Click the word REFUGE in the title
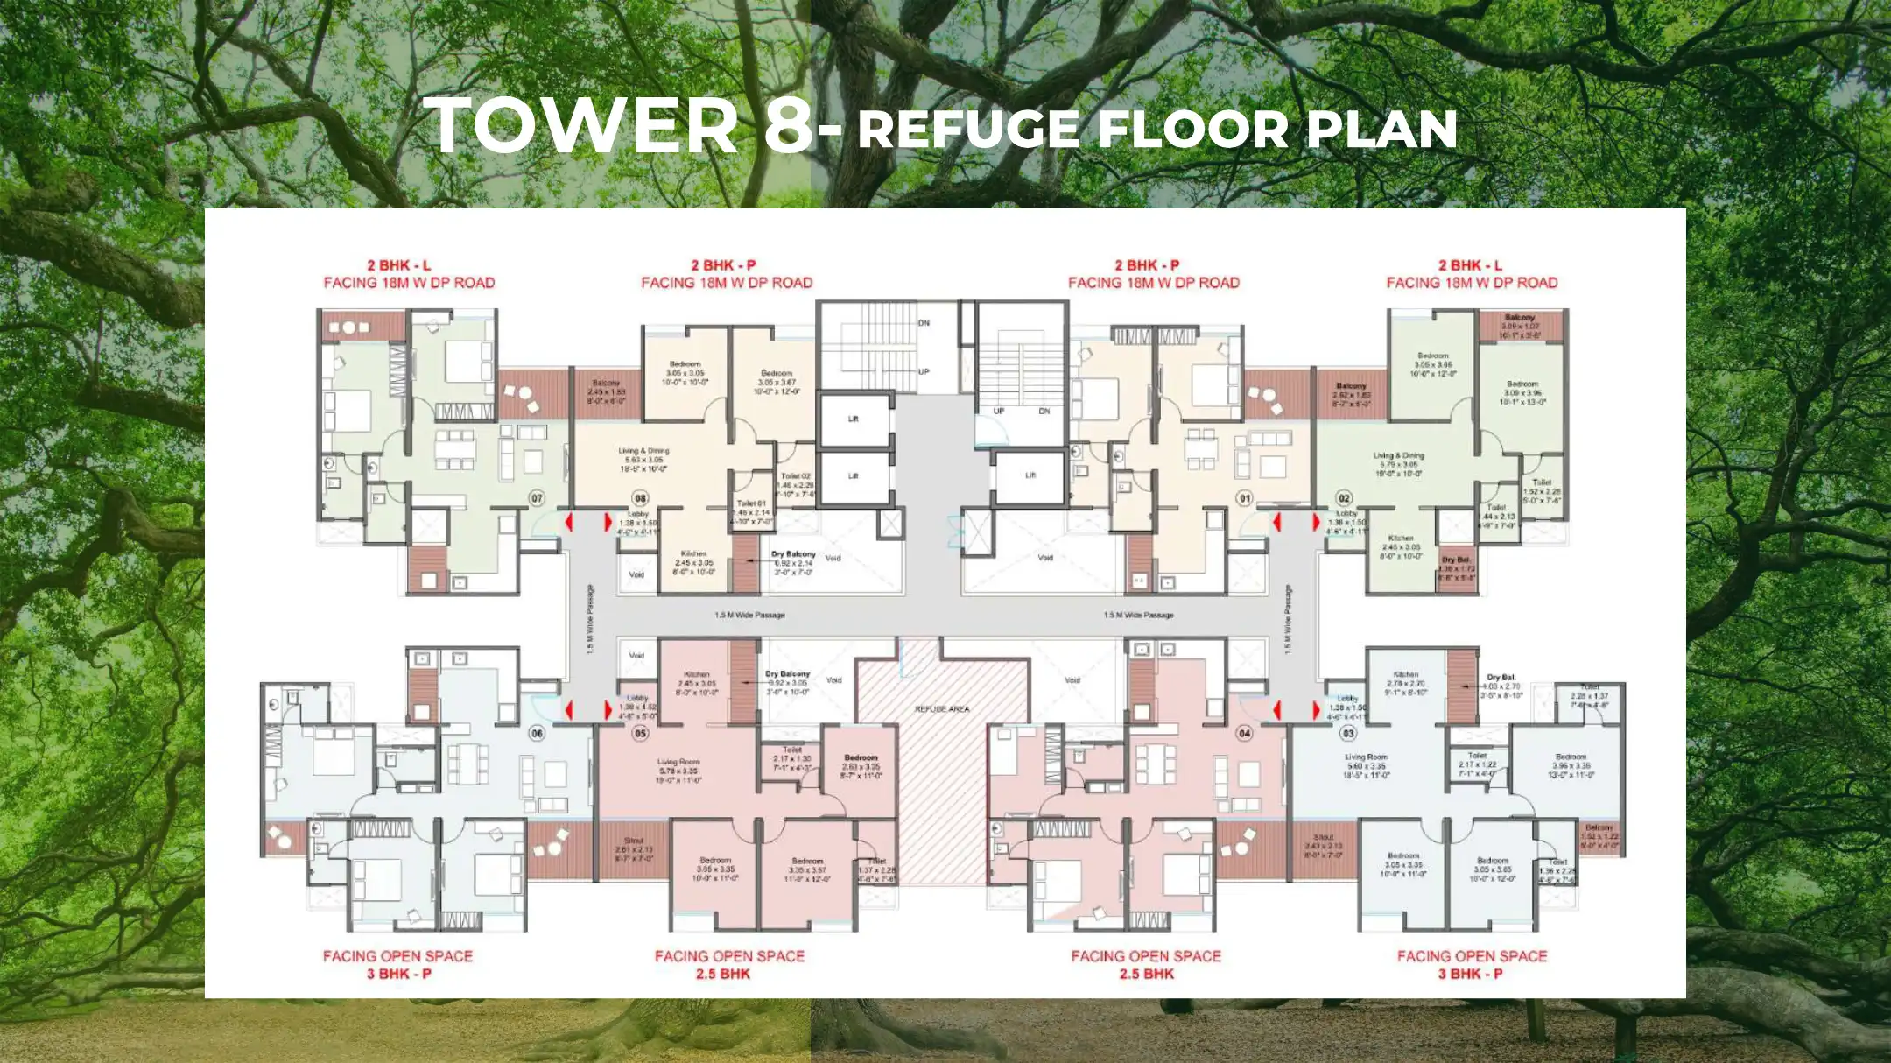coord(967,130)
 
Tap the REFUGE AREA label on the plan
coord(942,709)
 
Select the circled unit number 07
coord(537,498)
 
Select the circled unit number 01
coord(1244,498)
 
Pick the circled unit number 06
coord(537,733)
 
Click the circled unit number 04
coord(1244,733)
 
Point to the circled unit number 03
coord(1348,733)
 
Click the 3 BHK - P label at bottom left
coord(398,974)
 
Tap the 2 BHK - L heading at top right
coord(1471,265)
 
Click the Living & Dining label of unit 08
coord(643,451)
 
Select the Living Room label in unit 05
coord(678,763)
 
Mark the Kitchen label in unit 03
coord(1405,675)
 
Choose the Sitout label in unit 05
coord(634,841)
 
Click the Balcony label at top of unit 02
coord(1520,317)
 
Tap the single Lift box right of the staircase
coord(1030,475)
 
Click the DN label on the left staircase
coord(924,323)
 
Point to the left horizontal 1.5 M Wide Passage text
coord(749,616)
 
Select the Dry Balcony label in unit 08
coord(793,554)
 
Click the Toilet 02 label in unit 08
coord(796,475)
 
